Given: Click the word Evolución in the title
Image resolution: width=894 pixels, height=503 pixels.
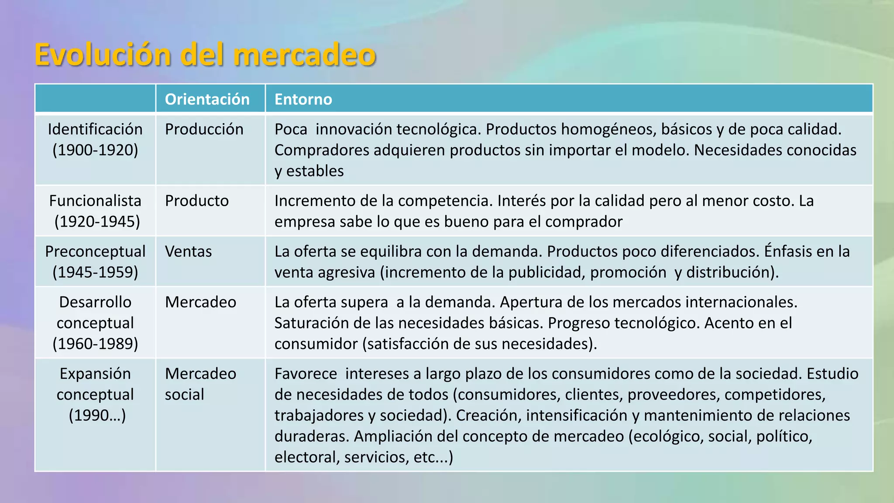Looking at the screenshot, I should pyautogui.click(x=103, y=55).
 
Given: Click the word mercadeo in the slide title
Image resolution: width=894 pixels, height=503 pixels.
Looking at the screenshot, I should pyautogui.click(x=304, y=55).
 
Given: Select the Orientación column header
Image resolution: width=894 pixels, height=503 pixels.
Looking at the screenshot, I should pyautogui.click(x=207, y=99).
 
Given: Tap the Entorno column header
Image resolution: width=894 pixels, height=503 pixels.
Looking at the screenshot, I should pyautogui.click(x=303, y=99).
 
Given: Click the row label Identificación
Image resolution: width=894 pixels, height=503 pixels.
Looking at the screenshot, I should pyautogui.click(x=95, y=129).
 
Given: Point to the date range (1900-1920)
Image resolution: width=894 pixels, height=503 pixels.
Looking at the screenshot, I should pyautogui.click(x=95, y=150).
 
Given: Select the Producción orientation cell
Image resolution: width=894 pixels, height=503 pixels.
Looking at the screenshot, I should pyautogui.click(x=204, y=129).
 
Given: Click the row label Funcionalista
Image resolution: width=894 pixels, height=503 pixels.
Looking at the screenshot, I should pyautogui.click(x=95, y=201).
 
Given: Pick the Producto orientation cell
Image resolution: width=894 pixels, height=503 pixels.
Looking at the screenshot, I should pyautogui.click(x=196, y=201).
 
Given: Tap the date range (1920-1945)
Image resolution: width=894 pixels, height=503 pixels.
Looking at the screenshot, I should pyautogui.click(x=97, y=222).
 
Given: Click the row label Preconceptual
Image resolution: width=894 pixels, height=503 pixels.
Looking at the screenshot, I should pyautogui.click(x=95, y=251).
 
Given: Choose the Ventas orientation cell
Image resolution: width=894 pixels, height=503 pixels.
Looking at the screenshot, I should pyautogui.click(x=188, y=251).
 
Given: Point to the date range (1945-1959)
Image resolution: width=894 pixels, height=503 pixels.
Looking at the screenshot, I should pyautogui.click(x=95, y=272).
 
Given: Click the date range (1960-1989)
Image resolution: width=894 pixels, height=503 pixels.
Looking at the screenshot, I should pyautogui.click(x=95, y=344).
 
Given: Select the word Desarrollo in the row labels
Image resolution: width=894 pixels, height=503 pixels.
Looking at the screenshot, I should pyautogui.click(x=95, y=302).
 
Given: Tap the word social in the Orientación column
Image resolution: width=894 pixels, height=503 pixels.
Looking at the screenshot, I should pyautogui.click(x=184, y=395).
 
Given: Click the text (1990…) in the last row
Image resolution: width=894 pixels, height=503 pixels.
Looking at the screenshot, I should pyautogui.click(x=97, y=415).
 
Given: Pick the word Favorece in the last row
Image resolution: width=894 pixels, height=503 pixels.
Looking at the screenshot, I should pyautogui.click(x=306, y=374).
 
